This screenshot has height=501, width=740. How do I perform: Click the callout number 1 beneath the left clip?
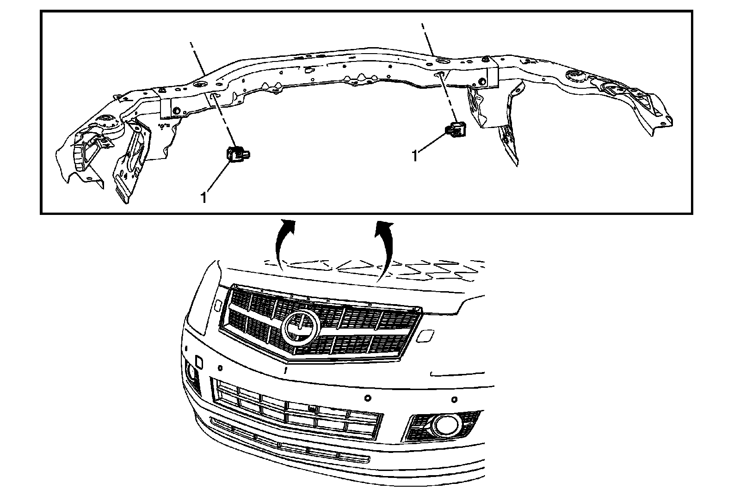click(203, 197)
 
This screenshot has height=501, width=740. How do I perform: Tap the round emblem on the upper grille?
click(300, 328)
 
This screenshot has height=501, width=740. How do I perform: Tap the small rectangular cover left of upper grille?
click(217, 305)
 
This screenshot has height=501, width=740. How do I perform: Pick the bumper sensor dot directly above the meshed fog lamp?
click(455, 399)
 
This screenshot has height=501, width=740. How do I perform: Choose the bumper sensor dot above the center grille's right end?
click(368, 397)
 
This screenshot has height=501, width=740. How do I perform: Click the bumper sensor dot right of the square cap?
click(220, 368)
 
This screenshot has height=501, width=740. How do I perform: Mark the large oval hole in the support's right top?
click(442, 61)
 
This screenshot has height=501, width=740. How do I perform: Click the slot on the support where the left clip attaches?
click(214, 95)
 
